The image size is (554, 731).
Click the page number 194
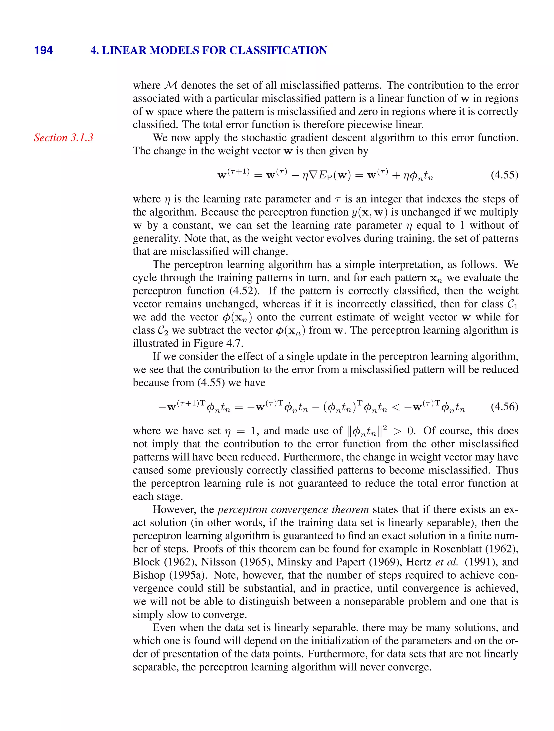point(43,50)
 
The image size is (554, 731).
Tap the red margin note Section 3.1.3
point(64,138)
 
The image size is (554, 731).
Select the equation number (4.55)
point(504,175)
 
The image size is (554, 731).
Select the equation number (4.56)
point(504,407)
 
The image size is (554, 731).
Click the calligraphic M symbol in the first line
point(171,85)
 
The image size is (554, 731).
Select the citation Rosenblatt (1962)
point(475,549)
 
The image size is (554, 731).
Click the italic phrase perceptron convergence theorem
point(293,509)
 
